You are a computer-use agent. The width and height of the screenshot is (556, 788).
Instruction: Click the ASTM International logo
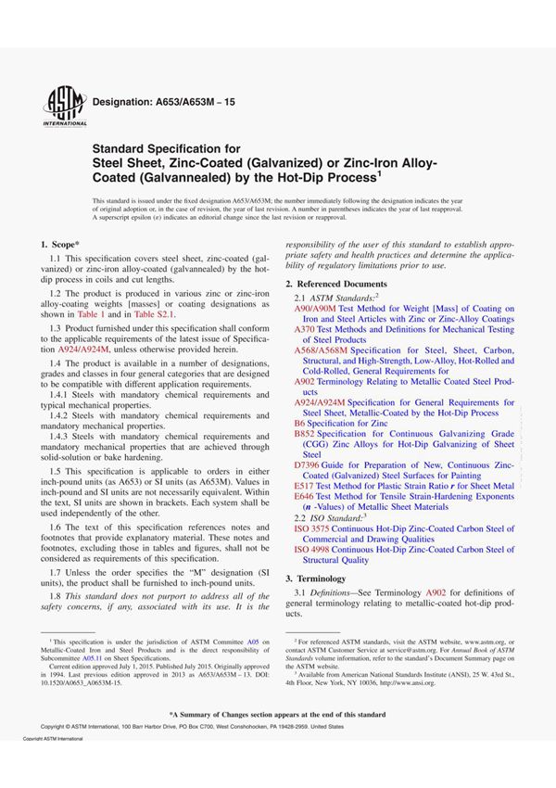tap(61, 104)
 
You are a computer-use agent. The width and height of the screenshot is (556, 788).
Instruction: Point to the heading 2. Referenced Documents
tap(336, 283)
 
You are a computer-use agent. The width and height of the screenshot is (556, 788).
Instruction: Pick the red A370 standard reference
tap(305, 329)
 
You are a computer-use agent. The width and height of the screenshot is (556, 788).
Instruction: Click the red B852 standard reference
tap(305, 433)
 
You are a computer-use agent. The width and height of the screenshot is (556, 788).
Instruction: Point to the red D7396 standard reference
tap(308, 464)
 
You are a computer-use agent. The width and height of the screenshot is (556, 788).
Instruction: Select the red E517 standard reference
tap(305, 486)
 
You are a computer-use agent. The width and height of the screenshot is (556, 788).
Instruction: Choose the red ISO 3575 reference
tap(314, 528)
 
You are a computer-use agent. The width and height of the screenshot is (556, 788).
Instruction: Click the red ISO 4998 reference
tap(314, 550)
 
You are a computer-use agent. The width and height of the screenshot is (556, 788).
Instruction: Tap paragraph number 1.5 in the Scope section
tap(56, 471)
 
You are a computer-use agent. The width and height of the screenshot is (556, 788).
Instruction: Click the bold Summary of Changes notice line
tap(277, 715)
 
